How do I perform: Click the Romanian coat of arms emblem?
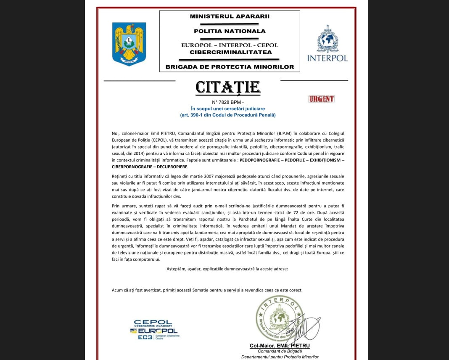[x=129, y=44]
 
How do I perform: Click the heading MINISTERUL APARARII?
[x=230, y=17]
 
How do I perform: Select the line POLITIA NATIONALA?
[x=230, y=31]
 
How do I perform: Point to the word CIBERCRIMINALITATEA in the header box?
[x=231, y=52]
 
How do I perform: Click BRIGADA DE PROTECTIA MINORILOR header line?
[x=230, y=66]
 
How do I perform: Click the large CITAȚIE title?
[x=228, y=87]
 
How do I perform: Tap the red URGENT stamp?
[x=321, y=99]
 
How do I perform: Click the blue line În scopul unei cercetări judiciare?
[x=228, y=109]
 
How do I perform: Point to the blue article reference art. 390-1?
[x=228, y=115]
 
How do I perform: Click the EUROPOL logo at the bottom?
[x=154, y=331]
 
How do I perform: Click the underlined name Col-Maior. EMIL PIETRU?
[x=280, y=346]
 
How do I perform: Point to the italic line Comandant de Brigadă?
[x=280, y=352]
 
